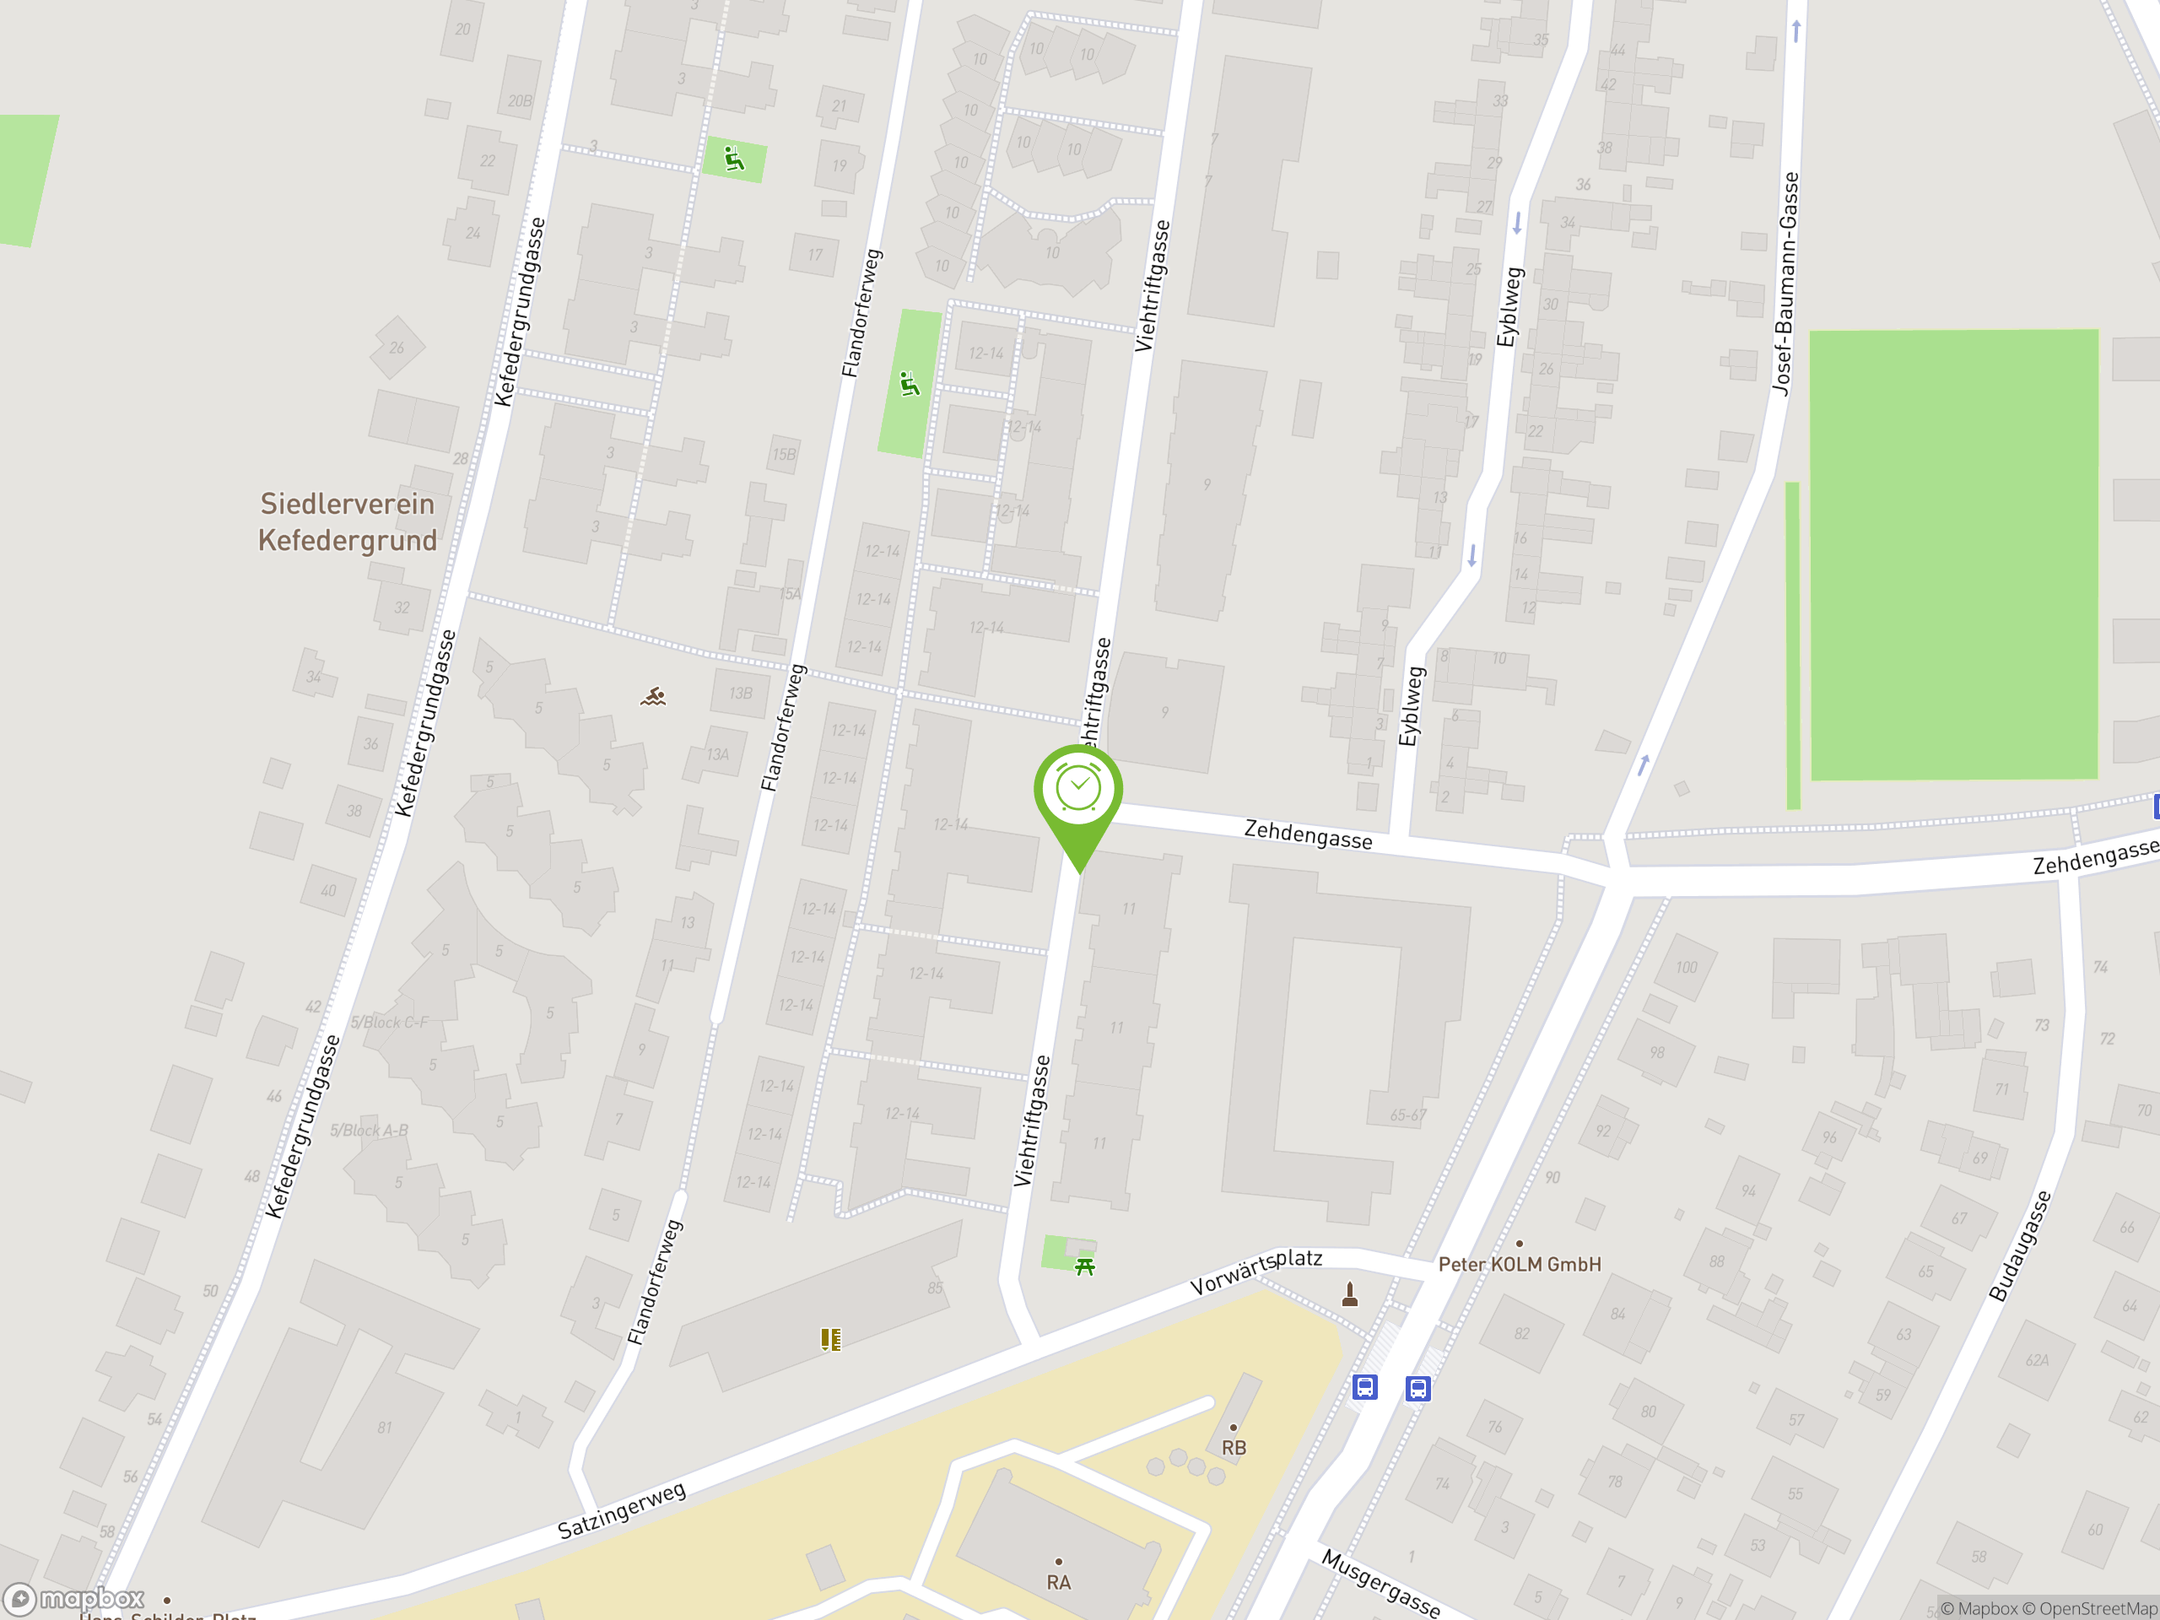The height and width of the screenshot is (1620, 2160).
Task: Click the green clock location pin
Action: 1078,791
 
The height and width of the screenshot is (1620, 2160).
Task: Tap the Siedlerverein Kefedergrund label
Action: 347,521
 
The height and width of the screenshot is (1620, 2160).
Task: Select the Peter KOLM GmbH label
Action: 1519,1264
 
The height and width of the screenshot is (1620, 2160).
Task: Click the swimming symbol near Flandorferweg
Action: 653,696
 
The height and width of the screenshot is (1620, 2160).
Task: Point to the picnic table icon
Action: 1084,1266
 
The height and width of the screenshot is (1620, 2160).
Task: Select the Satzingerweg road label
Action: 622,1509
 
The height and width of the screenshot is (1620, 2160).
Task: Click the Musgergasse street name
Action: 1380,1583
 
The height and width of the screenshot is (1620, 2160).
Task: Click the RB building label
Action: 1234,1447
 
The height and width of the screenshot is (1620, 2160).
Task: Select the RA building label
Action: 1059,1582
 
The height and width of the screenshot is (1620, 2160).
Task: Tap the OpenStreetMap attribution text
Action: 2098,1608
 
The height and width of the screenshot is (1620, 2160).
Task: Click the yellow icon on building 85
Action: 830,1339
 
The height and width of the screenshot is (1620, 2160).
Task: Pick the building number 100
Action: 1687,967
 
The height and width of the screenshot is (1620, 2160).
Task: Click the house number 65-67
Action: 1408,1115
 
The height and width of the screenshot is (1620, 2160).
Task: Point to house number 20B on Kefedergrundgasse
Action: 520,100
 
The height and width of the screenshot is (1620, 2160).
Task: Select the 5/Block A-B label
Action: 369,1130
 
